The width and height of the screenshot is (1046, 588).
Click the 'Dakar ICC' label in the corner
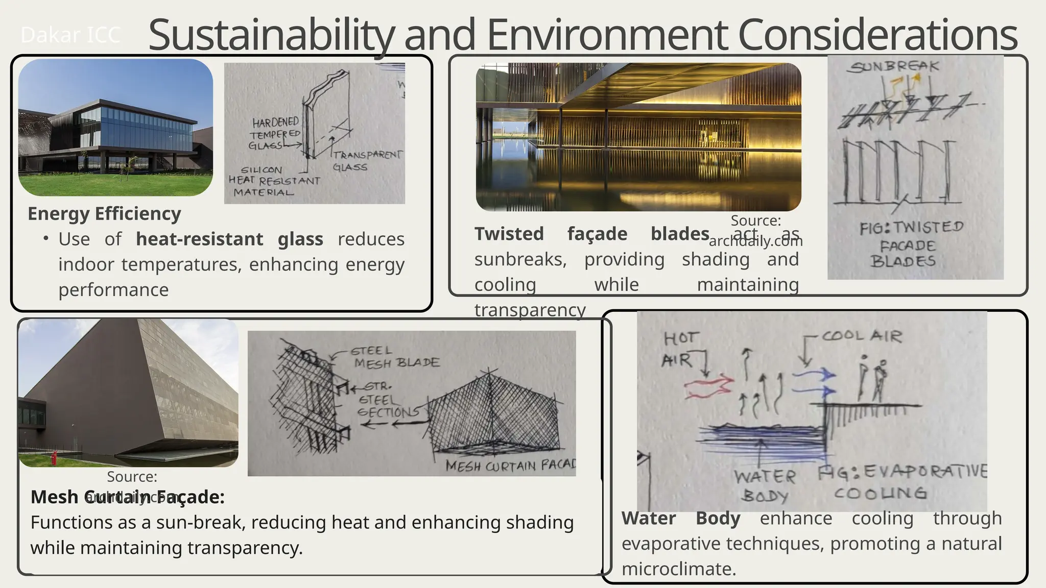(x=70, y=35)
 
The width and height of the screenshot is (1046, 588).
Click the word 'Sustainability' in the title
(x=271, y=35)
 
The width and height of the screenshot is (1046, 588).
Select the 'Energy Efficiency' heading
(x=104, y=213)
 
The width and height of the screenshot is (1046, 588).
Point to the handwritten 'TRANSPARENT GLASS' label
(x=367, y=160)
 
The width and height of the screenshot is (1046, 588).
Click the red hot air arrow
(x=708, y=386)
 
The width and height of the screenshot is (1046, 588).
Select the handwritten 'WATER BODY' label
(x=765, y=486)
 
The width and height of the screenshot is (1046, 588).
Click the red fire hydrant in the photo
(x=54, y=458)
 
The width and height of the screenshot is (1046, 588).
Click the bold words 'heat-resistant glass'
(x=229, y=239)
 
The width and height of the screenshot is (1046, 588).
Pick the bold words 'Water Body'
(x=681, y=519)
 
